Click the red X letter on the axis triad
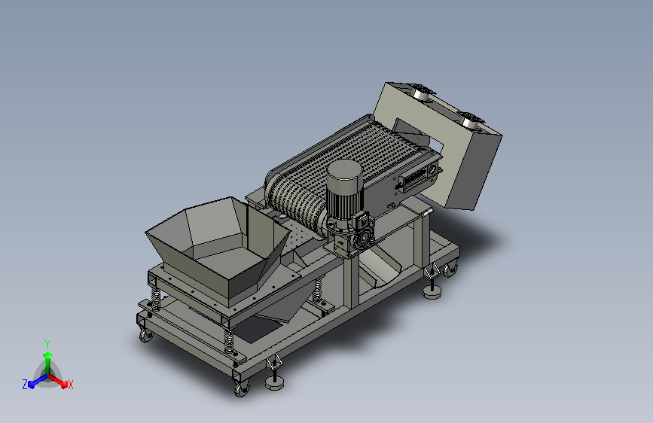pos(71,385)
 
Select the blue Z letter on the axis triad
pos(25,384)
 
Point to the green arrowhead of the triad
pos(47,355)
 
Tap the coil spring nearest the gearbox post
pos(318,290)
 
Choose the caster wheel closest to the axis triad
pos(144,333)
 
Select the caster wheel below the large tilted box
pos(450,269)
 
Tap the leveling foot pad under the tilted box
pos(432,291)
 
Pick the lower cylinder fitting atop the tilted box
pos(472,119)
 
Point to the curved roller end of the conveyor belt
pos(290,195)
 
